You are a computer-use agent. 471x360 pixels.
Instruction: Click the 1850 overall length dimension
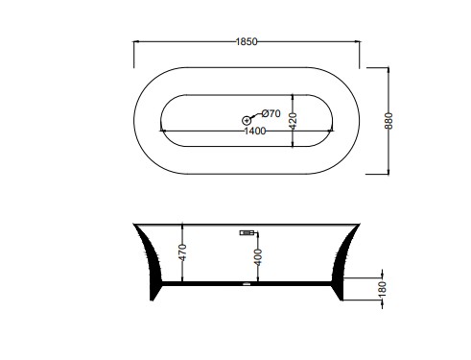click(247, 41)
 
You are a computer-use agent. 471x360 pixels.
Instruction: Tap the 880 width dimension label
click(389, 121)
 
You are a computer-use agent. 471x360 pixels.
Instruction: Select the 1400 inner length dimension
click(255, 131)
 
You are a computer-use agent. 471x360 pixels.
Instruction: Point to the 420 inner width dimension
click(294, 120)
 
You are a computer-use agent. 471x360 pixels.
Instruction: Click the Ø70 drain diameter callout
click(271, 113)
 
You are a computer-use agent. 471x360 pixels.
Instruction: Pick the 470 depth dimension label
click(182, 252)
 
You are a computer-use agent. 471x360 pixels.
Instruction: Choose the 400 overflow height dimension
click(258, 257)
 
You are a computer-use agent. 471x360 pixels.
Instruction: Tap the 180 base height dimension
click(383, 289)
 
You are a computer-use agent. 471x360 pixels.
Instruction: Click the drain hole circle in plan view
click(247, 121)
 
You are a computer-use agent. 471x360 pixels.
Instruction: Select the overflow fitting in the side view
click(247, 233)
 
